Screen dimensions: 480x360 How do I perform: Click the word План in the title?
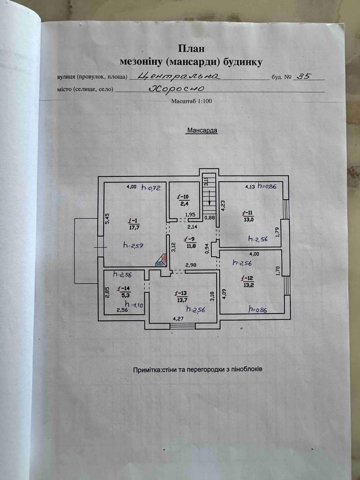[191, 49]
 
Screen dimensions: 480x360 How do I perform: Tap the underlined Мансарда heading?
[202, 130]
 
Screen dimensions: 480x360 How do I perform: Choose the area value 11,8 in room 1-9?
[189, 246]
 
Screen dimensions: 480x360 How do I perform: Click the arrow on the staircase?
[208, 203]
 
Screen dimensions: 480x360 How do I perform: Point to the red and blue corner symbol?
[161, 260]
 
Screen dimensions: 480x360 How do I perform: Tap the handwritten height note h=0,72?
[151, 188]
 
